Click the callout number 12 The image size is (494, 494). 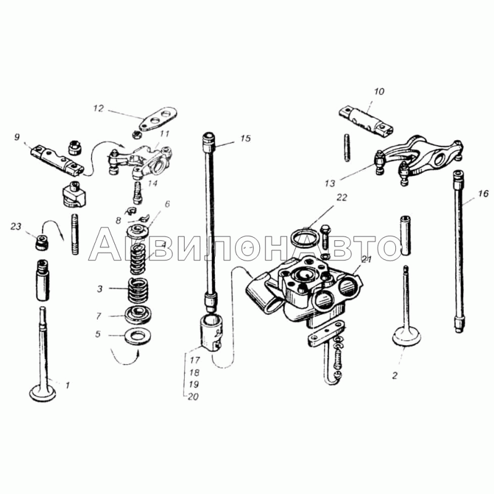click(98, 109)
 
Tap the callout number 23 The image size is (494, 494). click(16, 227)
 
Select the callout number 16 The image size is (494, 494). click(483, 193)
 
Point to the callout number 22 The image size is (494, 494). click(342, 198)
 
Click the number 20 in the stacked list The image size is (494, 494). click(193, 396)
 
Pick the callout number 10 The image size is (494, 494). click(379, 91)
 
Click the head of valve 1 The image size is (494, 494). click(42, 393)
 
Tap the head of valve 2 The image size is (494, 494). click(407, 337)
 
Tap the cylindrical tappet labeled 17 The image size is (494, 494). click(212, 331)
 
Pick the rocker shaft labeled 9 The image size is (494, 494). click(57, 161)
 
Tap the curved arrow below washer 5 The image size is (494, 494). click(125, 359)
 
